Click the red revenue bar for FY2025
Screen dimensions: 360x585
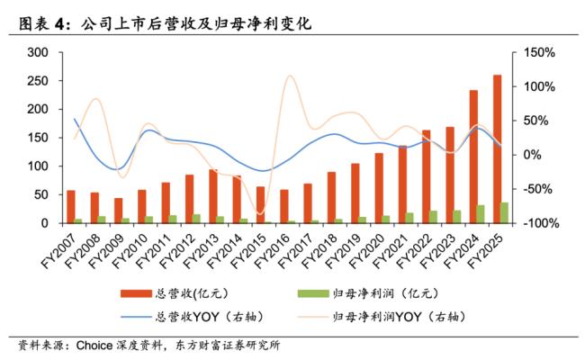click(498, 148)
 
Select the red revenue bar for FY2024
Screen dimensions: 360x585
click(474, 157)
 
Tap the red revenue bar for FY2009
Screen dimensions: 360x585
click(118, 211)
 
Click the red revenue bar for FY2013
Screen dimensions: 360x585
click(213, 196)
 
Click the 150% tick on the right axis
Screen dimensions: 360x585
click(537, 53)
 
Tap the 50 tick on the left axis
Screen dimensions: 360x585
click(40, 194)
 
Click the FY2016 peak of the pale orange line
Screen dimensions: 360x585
click(290, 76)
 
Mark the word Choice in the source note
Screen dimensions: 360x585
click(94, 345)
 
